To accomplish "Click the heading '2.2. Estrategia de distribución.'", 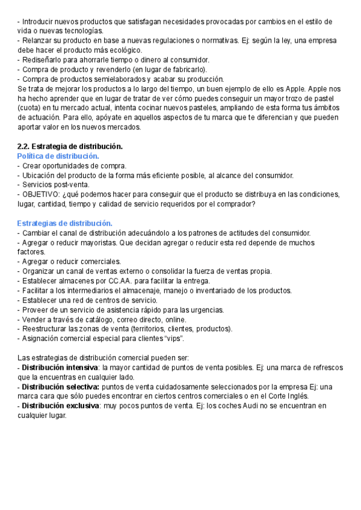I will pyautogui.click(x=70, y=147).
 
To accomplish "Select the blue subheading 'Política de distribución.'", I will pyautogui.click(x=58, y=156).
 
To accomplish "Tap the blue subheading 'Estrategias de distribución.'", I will pyautogui.click(x=65, y=224).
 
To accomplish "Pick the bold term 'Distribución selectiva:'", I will pyautogui.click(x=61, y=387).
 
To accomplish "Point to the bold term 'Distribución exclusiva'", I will pyautogui.click(x=60, y=406).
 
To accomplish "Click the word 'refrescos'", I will pyautogui.click(x=327, y=367).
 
